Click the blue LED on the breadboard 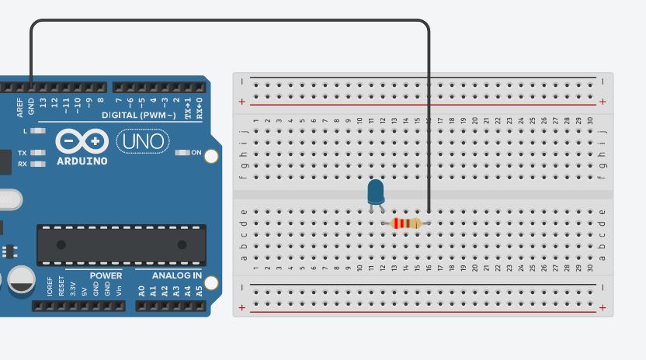376,192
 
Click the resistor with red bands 406,223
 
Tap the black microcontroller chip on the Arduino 122,244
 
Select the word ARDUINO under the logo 82,161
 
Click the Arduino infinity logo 81,141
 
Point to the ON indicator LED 183,153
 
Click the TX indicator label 23,153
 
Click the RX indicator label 23,164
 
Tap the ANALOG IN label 176,275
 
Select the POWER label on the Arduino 106,275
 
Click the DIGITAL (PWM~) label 141,115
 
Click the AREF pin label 20,107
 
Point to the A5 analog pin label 199,292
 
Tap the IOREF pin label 50,288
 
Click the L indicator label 25,131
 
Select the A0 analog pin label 141,292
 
